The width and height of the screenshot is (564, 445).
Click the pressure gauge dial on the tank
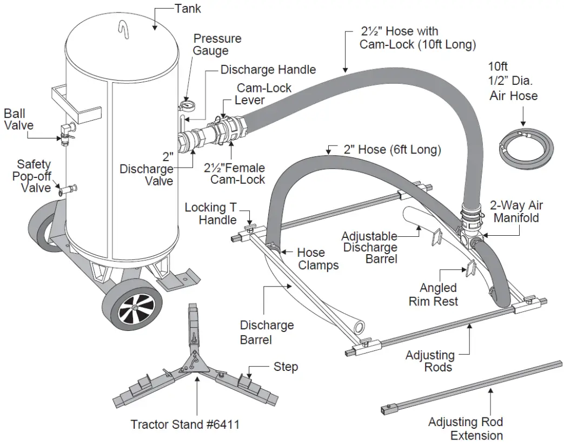click(187, 104)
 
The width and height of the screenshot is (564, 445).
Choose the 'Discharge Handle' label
click(268, 70)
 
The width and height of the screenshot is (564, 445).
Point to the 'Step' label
click(286, 367)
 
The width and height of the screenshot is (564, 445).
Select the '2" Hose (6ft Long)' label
click(392, 150)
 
